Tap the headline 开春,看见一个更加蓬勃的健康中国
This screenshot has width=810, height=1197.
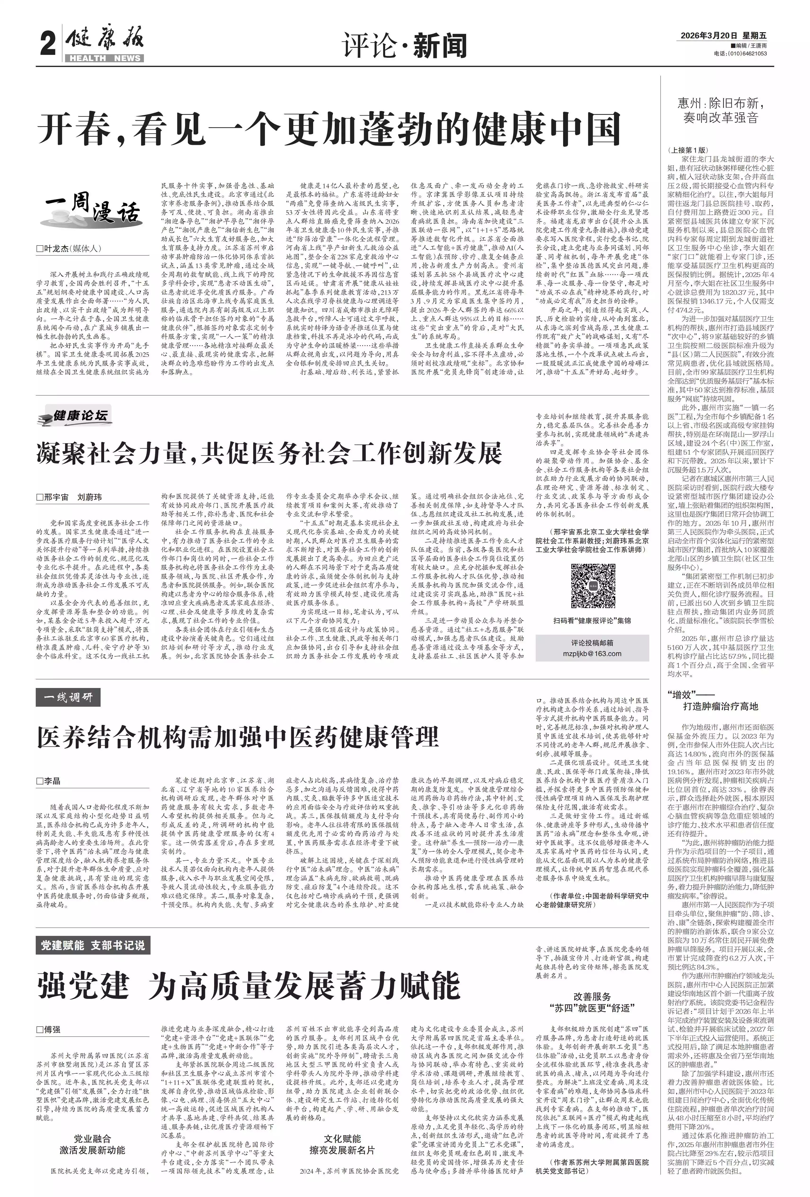point(329,129)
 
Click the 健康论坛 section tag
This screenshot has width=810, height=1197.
point(75,416)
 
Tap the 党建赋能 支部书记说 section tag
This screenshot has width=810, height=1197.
point(93,945)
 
